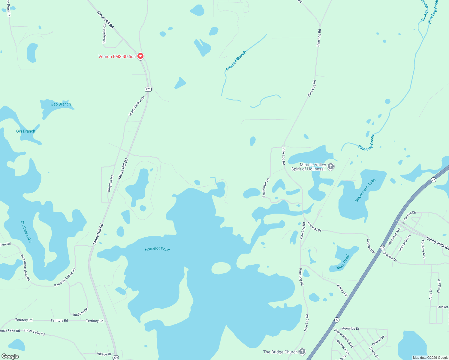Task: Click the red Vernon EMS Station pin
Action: pos(140,56)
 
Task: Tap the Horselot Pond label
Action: pos(157,249)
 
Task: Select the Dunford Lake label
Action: pos(26,231)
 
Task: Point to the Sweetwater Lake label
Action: pos(365,190)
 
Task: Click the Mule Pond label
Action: pos(343,262)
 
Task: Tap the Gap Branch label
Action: pos(61,104)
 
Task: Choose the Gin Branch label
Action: pos(26,131)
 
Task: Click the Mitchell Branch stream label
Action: pos(236,61)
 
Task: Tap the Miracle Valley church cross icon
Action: pos(331,166)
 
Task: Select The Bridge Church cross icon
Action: pos(302,352)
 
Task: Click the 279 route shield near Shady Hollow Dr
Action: pos(148,89)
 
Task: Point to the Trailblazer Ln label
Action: pos(266,187)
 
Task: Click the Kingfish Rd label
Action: pos(110,184)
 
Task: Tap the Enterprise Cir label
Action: pos(104,34)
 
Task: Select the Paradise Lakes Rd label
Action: pos(65,277)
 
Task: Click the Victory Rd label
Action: pos(342,290)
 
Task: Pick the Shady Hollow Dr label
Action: pos(137,106)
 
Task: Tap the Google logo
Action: pos(10,356)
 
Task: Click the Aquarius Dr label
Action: pos(351,328)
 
